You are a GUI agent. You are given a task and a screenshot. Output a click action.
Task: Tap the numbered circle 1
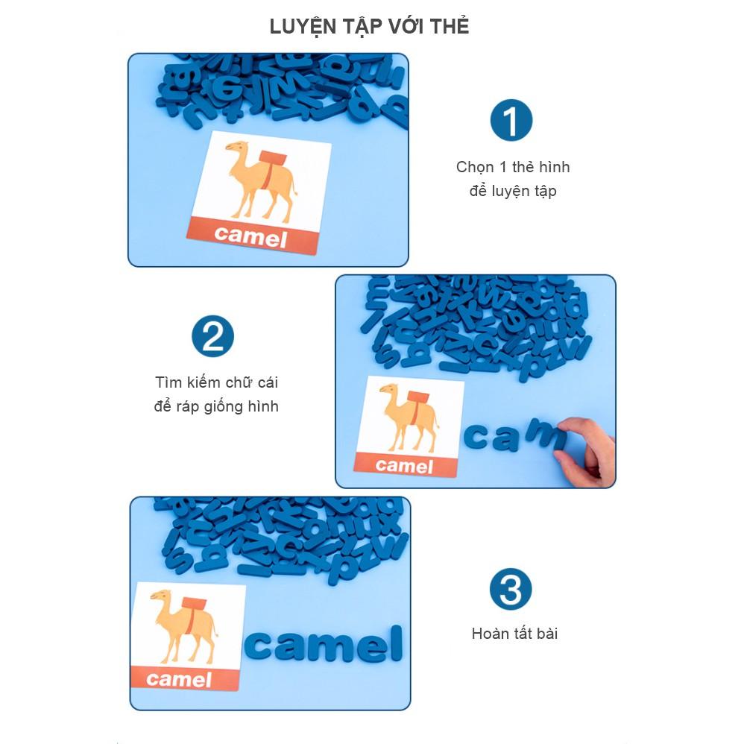tap(511, 120)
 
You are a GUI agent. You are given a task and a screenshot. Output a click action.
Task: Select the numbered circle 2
tap(212, 336)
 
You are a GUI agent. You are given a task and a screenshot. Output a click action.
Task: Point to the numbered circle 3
tap(511, 589)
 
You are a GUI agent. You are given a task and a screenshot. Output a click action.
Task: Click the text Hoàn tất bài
tap(514, 634)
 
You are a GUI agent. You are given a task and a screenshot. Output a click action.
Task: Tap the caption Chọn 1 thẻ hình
tap(513, 166)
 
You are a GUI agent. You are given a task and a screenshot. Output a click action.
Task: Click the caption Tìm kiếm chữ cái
tap(216, 382)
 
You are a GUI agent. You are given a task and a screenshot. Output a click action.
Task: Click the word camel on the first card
tap(250, 236)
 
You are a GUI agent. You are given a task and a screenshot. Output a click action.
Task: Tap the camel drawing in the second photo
tap(408, 416)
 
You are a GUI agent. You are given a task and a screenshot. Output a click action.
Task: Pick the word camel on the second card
tap(404, 465)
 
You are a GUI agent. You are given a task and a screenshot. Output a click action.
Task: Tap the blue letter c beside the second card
tap(476, 437)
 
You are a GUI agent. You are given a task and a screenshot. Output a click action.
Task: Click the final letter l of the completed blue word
tap(396, 643)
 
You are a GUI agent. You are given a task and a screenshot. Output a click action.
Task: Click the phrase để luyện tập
tap(513, 191)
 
